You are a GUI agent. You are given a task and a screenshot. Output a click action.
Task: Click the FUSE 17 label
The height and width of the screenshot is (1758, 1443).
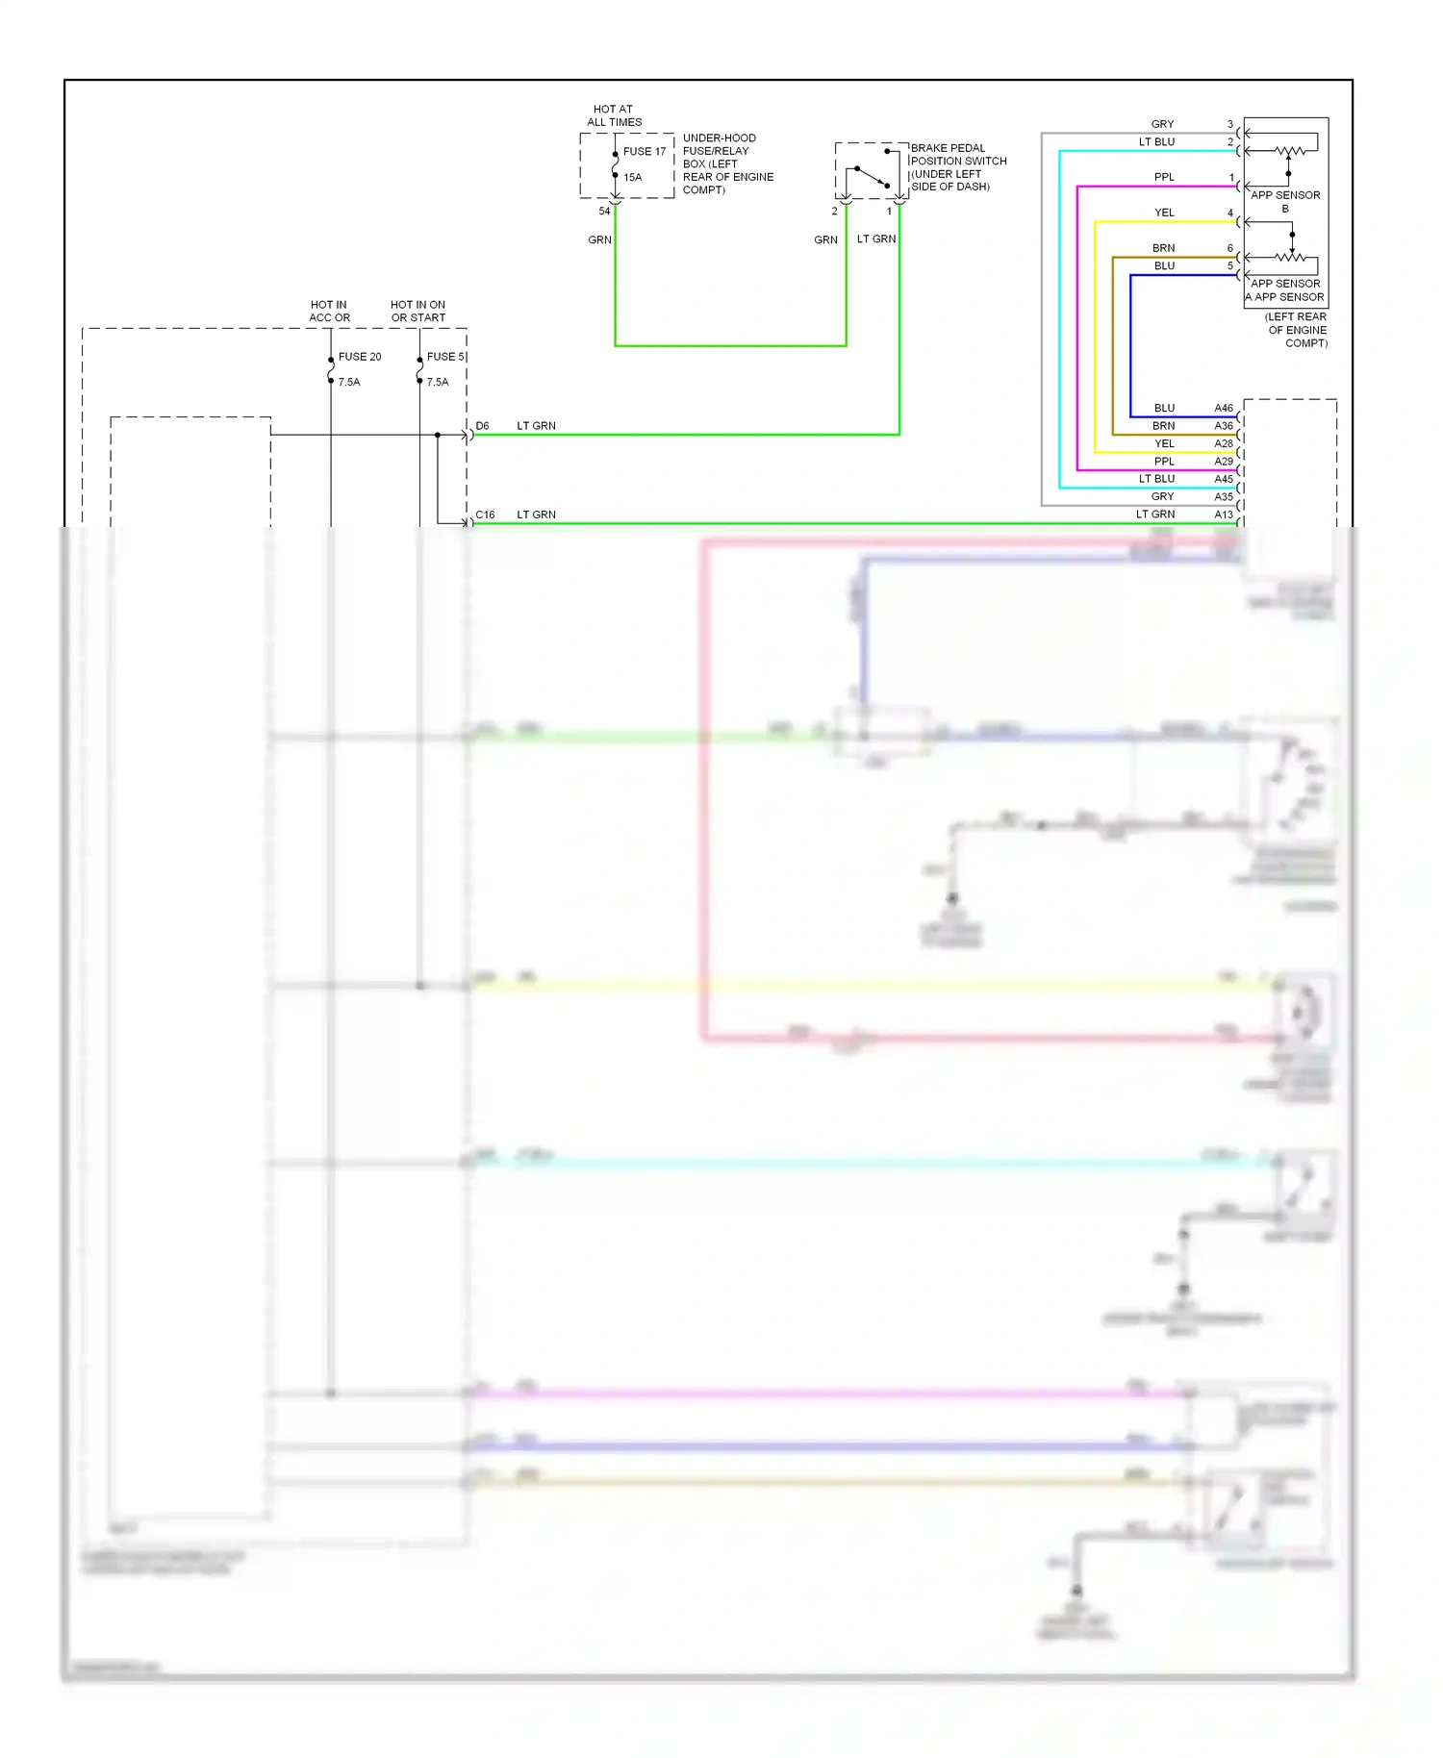click(x=644, y=151)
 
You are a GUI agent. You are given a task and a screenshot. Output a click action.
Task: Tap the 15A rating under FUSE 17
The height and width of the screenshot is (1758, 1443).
click(x=632, y=177)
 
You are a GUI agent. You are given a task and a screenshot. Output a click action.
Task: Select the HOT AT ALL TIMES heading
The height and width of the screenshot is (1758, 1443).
click(x=614, y=115)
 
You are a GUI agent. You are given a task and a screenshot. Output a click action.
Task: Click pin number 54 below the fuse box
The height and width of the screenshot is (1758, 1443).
click(x=604, y=211)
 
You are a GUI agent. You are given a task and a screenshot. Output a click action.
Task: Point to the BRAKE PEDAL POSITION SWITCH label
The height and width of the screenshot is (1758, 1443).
click(x=958, y=167)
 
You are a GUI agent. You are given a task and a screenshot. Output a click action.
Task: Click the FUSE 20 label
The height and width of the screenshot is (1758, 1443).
click(x=359, y=356)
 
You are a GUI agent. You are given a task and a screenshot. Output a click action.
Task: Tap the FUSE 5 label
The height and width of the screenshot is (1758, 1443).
click(x=445, y=356)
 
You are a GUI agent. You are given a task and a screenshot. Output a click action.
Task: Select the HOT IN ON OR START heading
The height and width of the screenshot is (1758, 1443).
click(x=418, y=311)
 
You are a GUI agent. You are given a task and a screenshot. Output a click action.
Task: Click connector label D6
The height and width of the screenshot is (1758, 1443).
click(x=482, y=425)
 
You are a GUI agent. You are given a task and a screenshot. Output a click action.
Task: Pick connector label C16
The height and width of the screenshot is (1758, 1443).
click(x=485, y=515)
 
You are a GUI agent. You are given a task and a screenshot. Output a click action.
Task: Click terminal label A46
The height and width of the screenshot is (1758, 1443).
click(x=1223, y=408)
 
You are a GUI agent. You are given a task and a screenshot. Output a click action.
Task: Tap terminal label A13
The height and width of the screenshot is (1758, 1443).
click(x=1223, y=515)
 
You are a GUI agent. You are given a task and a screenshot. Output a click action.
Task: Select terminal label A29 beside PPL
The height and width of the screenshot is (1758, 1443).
click(x=1223, y=461)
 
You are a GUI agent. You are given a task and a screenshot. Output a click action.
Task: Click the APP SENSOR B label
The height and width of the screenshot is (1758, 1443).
click(x=1284, y=201)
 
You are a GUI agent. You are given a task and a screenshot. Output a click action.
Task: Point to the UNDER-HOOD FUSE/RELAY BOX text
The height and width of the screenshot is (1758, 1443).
click(x=727, y=163)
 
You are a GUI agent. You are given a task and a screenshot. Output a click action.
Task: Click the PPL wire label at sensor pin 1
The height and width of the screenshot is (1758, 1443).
click(x=1164, y=177)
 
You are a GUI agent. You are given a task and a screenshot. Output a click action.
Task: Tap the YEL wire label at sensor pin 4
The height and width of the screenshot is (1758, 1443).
click(x=1164, y=213)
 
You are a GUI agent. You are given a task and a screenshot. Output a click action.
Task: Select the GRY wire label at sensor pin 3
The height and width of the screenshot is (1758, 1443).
click(x=1162, y=124)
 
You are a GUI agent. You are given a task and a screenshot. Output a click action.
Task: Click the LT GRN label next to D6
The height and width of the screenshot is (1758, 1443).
click(x=536, y=425)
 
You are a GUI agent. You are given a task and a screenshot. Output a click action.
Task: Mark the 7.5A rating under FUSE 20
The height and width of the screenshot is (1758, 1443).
click(x=349, y=382)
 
